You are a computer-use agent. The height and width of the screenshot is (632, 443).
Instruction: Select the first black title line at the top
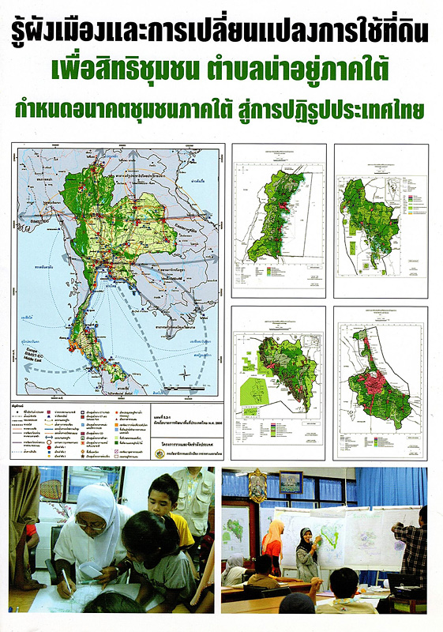(x=221, y=32)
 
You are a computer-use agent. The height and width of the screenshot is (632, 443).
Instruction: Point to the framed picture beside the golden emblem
(x=290, y=482)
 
